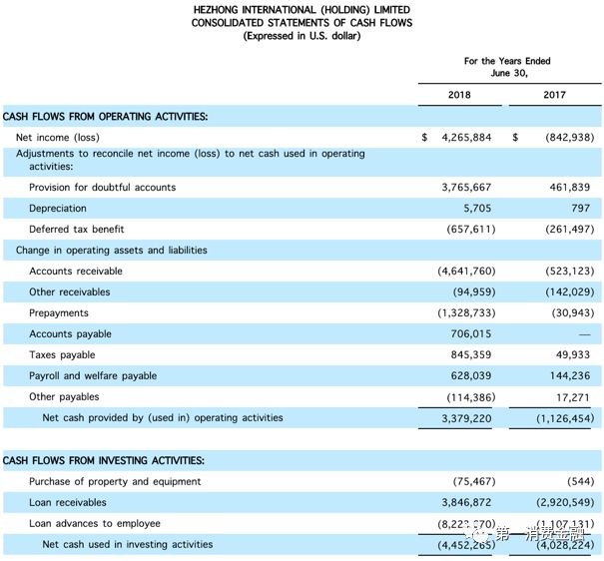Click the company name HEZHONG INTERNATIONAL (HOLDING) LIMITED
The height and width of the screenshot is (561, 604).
tap(302, 9)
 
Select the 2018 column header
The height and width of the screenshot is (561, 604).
tap(460, 95)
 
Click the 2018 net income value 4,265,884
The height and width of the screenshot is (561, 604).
tap(466, 138)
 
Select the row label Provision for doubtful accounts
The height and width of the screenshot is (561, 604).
tap(102, 188)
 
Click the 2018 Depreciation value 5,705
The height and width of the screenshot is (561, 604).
tap(476, 209)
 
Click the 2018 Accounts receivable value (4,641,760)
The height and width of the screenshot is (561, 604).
tap(464, 272)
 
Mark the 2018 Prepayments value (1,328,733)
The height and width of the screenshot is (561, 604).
tap(464, 313)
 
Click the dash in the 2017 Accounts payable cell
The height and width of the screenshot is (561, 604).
tap(583, 334)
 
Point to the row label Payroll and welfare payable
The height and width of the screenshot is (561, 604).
tap(93, 376)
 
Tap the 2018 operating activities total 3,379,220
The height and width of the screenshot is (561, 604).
tap(466, 418)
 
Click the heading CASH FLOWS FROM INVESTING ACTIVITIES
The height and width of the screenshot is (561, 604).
tap(104, 460)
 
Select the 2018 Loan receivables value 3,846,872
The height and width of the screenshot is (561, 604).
tap(466, 502)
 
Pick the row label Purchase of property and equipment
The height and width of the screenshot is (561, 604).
tap(115, 481)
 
